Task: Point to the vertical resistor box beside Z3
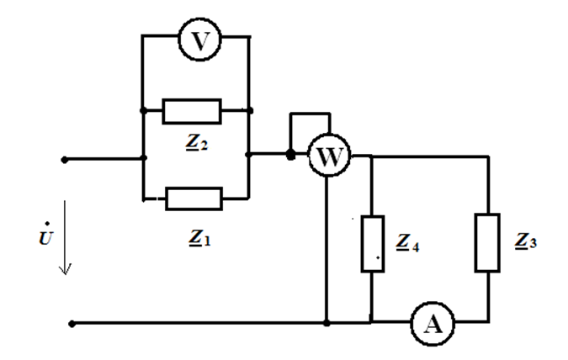487,243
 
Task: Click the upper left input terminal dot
64,157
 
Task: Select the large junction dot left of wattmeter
291,156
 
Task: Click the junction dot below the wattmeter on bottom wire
326,322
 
